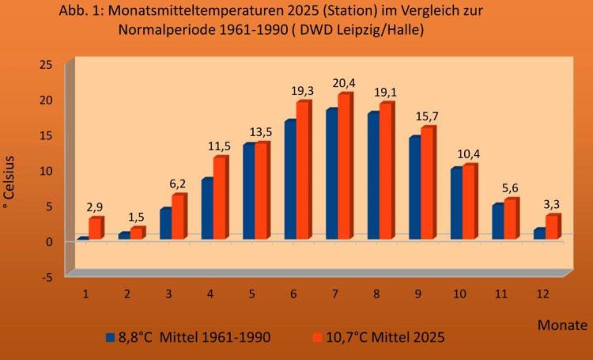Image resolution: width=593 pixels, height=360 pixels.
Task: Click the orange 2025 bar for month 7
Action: pos(344,167)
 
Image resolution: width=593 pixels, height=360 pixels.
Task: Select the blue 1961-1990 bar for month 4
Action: pos(206,209)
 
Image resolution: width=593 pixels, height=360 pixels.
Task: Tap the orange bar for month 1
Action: pos(95,229)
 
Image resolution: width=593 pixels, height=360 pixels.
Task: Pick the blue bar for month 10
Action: pos(455,203)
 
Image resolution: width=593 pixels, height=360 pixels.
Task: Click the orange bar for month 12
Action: pos(552,227)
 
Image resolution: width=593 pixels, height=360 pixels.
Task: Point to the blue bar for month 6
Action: pos(289,180)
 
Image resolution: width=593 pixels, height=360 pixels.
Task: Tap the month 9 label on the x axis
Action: pos(416,292)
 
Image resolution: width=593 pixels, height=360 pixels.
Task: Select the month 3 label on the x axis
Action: pos(168,292)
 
